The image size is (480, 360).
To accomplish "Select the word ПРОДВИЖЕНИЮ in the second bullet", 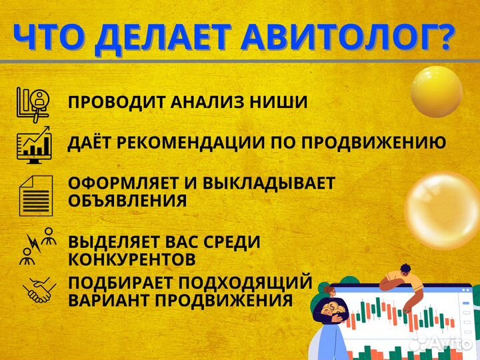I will tap(371, 143).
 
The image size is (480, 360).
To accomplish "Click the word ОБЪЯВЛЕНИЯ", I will tap(127, 201).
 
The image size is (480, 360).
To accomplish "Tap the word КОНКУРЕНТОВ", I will tap(131, 258).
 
